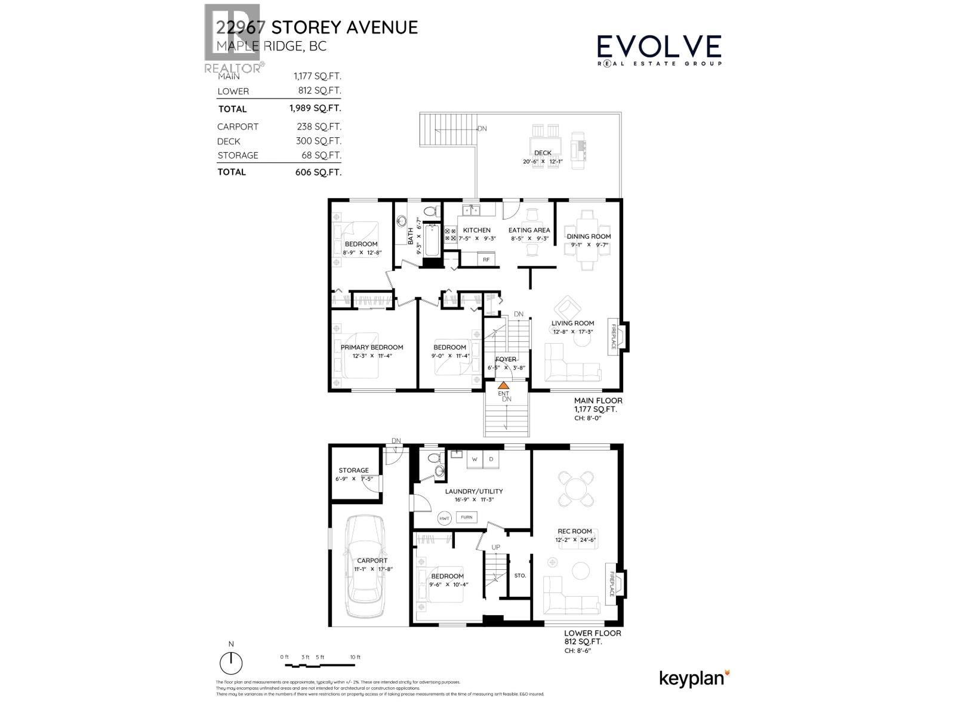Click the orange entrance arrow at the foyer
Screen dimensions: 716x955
(503, 385)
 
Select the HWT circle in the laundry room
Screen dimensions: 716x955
(444, 518)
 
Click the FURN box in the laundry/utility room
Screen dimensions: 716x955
(466, 517)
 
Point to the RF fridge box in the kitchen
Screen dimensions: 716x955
(486, 260)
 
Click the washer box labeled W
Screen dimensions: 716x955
(475, 459)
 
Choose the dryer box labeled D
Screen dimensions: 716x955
(491, 459)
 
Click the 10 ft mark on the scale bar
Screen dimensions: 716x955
(355, 657)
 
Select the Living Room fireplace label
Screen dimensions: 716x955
(612, 338)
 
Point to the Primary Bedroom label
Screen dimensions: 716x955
(371, 347)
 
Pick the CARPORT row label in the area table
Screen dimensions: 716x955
(238, 126)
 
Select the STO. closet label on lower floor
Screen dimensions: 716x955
(520, 576)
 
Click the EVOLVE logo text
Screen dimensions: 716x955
(659, 47)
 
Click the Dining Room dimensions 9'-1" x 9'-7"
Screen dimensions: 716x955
(589, 244)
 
